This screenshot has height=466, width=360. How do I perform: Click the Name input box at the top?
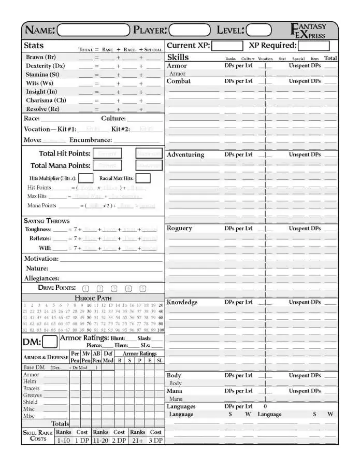click(x=93, y=30)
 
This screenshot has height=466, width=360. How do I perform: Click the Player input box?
click(x=190, y=30)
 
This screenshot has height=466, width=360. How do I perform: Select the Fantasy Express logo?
click(x=310, y=31)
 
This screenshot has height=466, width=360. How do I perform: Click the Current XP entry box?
click(x=226, y=46)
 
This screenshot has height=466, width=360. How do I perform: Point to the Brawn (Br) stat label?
click(x=41, y=57)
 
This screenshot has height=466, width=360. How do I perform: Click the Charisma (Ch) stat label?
click(x=46, y=101)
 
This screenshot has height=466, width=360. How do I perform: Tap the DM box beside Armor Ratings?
click(x=50, y=342)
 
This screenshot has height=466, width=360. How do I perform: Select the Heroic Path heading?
click(x=93, y=298)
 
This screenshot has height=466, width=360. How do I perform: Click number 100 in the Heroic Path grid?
click(x=160, y=330)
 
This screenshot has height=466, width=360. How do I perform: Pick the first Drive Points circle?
click(x=86, y=289)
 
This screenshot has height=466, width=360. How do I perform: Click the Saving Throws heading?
click(x=47, y=221)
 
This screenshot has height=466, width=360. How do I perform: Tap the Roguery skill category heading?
click(x=179, y=229)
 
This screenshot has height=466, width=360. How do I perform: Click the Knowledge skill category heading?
click(x=182, y=302)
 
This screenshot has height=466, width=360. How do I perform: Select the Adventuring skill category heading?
click(x=185, y=155)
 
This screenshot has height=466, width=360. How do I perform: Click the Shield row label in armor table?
click(x=31, y=402)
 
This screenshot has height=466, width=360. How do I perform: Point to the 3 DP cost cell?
click(x=155, y=440)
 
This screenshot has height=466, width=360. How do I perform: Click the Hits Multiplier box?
click(x=86, y=178)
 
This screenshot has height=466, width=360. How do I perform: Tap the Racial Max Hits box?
click(x=143, y=178)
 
